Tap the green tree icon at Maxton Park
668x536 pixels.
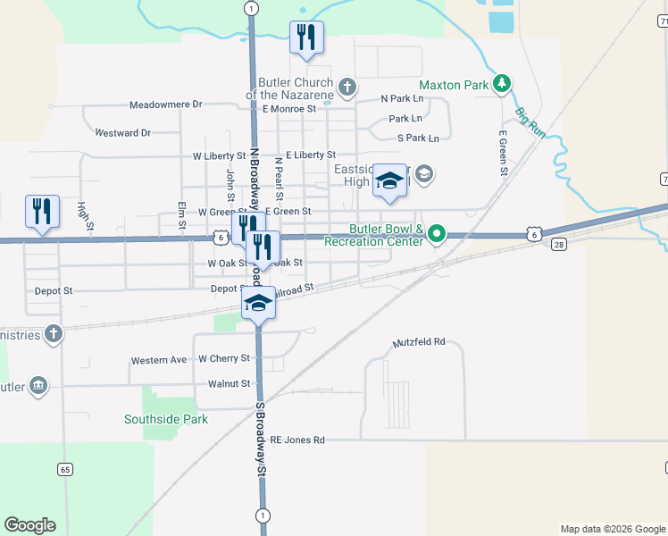tap(503, 84)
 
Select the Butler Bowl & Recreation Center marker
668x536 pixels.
tap(436, 235)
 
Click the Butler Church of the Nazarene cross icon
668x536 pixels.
tap(347, 88)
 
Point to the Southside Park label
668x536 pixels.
tap(166, 419)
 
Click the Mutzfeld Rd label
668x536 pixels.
tap(419, 343)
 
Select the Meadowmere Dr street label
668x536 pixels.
tap(166, 105)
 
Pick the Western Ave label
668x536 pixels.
tap(159, 360)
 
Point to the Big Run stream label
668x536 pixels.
tap(529, 124)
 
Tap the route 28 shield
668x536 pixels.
tap(558, 245)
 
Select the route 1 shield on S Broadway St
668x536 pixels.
tap(263, 515)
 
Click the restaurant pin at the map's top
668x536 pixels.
tap(306, 38)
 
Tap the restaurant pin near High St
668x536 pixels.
tap(42, 212)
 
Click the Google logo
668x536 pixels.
tap(29, 525)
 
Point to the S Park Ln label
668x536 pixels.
tap(419, 138)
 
